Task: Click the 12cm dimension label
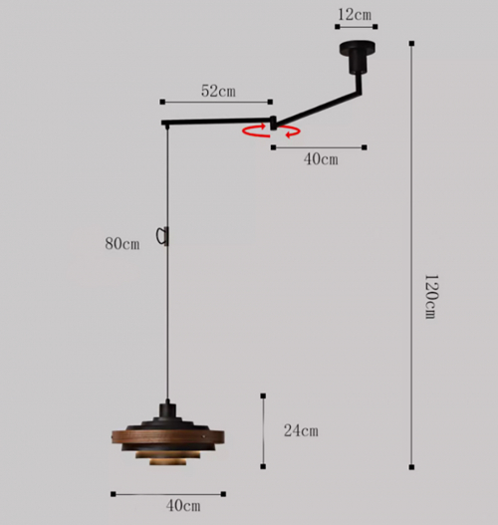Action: click(355, 15)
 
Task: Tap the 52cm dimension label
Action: click(218, 91)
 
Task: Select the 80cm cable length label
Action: click(123, 244)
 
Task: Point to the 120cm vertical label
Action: click(430, 297)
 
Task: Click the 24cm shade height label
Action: click(301, 430)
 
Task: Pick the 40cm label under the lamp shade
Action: click(183, 506)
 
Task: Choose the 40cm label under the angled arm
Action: click(321, 159)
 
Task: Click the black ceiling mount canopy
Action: click(358, 56)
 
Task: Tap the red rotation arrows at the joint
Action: click(272, 131)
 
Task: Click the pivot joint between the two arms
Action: click(274, 123)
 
